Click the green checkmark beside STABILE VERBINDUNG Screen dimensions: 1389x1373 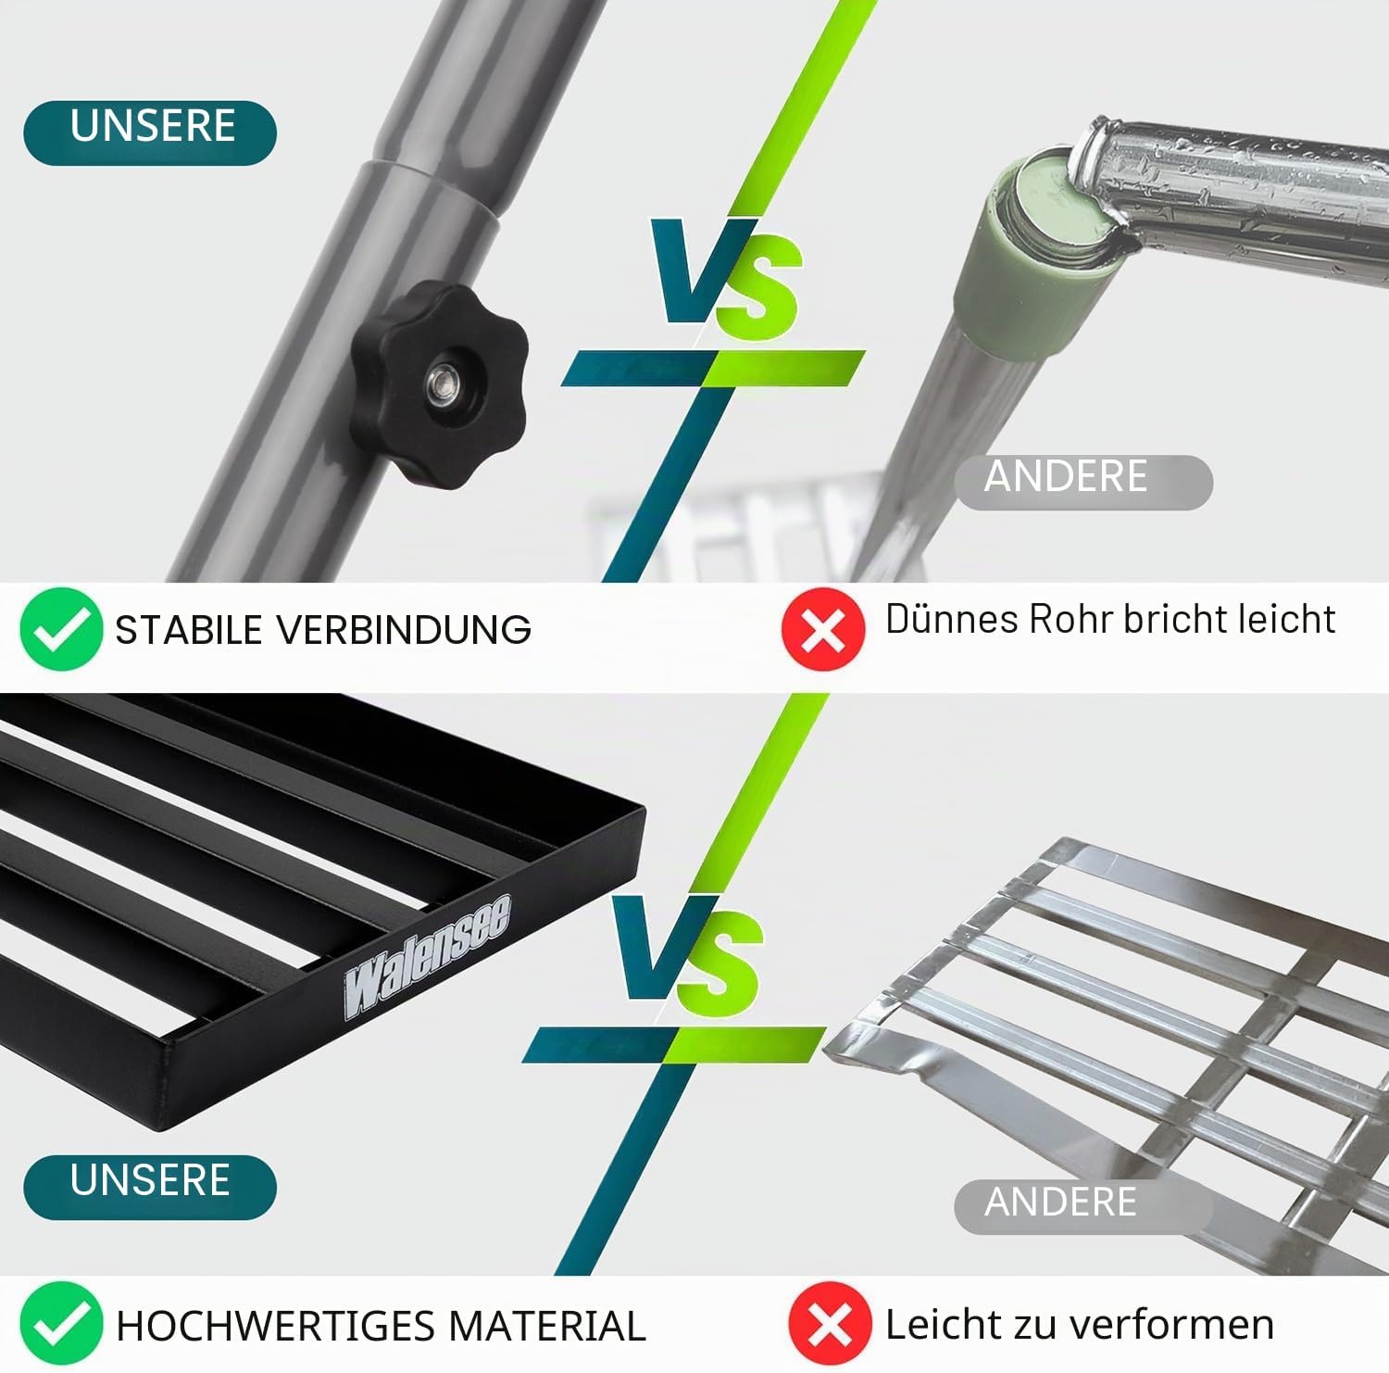tap(61, 628)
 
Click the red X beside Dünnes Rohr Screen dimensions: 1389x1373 tap(823, 628)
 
